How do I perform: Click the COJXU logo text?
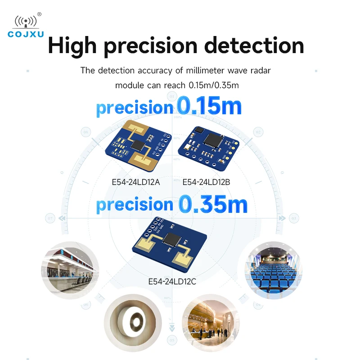click(26, 34)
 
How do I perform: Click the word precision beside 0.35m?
click(135, 205)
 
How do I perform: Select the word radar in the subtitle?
click(261, 71)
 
